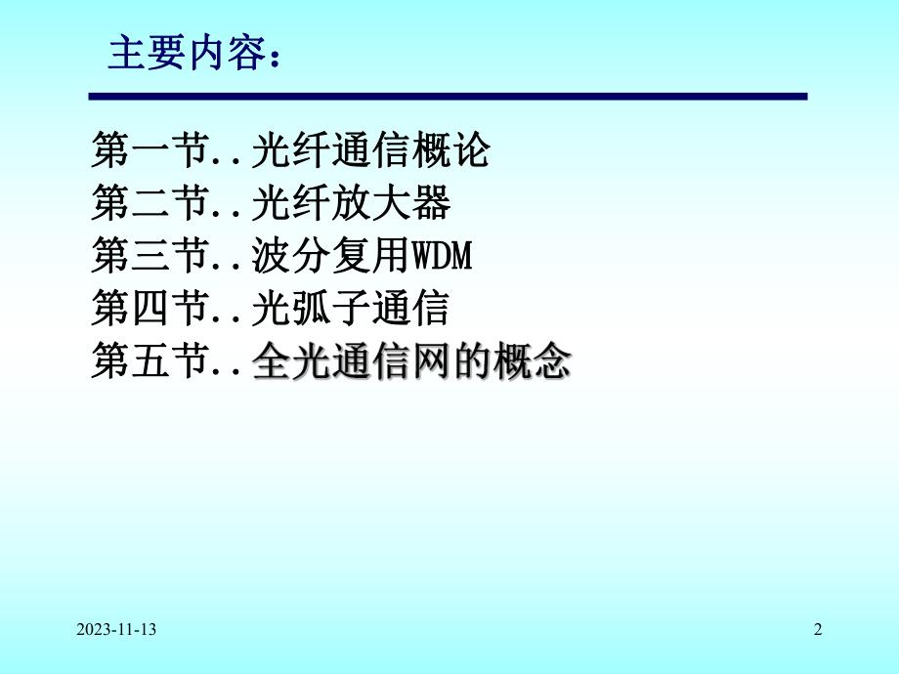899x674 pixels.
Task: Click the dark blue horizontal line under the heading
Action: [x=448, y=97]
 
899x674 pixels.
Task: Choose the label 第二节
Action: [x=152, y=204]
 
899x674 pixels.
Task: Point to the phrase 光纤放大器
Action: [x=351, y=204]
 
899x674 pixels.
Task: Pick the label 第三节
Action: [x=152, y=257]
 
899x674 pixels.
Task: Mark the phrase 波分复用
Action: [x=330, y=257]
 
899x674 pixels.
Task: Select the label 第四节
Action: [x=152, y=310]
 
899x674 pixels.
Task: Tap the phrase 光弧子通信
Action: [x=351, y=310]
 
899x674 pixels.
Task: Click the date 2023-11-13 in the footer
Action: [x=114, y=631]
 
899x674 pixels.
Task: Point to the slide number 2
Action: [x=818, y=631]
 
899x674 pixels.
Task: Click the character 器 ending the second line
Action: [x=430, y=204]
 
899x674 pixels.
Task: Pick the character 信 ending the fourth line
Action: [x=430, y=310]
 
